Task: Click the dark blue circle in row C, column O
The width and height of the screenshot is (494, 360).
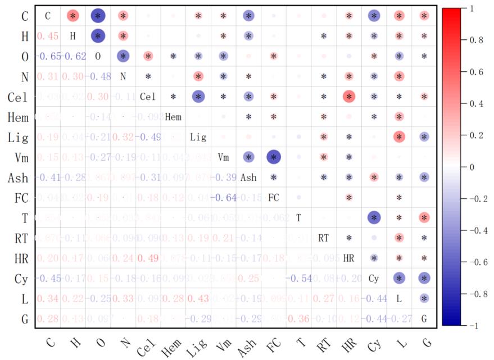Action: point(98,16)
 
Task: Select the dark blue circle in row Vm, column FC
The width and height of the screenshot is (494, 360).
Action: point(274,158)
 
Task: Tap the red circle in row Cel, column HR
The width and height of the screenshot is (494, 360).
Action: point(349,97)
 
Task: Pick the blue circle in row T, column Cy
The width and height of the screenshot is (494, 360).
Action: point(374,218)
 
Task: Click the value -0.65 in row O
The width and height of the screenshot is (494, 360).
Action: point(47,57)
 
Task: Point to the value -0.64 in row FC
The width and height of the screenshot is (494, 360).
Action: point(223,198)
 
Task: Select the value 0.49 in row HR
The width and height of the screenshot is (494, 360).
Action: point(147,258)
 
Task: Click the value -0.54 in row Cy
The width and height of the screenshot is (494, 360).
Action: point(298,279)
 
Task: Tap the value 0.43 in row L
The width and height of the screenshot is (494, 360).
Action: point(198,299)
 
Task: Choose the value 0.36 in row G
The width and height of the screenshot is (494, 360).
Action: point(298,319)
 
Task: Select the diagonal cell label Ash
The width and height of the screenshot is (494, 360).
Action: point(248,178)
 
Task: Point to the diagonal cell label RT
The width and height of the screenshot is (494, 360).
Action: point(324,238)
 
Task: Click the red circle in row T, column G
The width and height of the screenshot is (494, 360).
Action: point(424,218)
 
